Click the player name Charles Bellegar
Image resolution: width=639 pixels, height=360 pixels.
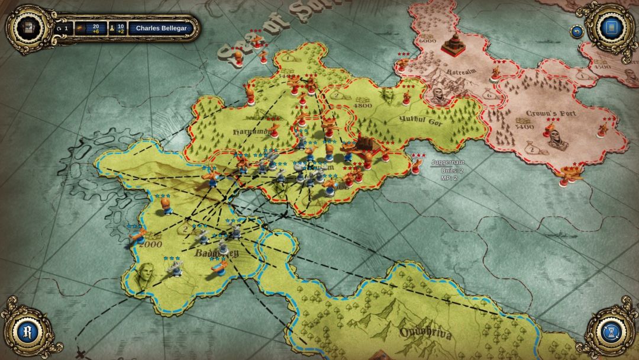[x=161, y=28]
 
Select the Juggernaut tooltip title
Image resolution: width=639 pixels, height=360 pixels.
[x=443, y=162]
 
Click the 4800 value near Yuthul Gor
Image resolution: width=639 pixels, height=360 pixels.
[x=362, y=106]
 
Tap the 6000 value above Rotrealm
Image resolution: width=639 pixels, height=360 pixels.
[x=427, y=41]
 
